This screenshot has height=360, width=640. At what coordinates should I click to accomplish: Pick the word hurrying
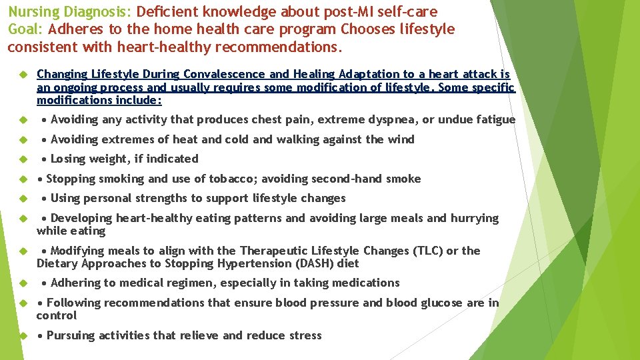[475, 218]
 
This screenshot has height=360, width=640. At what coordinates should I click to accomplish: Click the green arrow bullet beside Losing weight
[22, 159]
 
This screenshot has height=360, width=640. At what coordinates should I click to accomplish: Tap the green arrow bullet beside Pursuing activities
[22, 336]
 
